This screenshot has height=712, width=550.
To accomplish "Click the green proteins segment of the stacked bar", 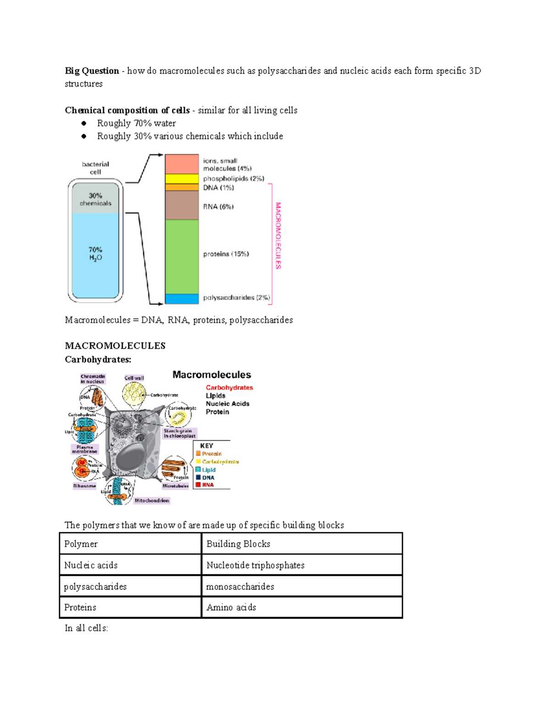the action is click(x=181, y=257).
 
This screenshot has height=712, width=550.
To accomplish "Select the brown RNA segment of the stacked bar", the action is click(x=181, y=205).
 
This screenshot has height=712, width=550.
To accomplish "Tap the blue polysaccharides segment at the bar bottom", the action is click(x=181, y=299).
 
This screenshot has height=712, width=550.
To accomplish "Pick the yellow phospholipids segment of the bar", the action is click(x=181, y=179).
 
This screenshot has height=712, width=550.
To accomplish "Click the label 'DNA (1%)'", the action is click(x=219, y=188).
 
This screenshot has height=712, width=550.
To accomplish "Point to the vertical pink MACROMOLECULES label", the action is click(x=278, y=236).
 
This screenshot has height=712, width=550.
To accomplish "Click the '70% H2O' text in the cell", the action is click(x=95, y=254).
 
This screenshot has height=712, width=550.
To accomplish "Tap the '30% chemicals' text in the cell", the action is click(x=95, y=199).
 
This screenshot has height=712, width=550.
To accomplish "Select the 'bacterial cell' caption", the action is click(x=95, y=168).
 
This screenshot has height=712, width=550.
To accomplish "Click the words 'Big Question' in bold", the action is click(x=92, y=71).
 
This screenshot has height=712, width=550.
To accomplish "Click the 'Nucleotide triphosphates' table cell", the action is click(x=255, y=565).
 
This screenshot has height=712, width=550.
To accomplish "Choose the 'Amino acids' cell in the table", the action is click(x=231, y=607).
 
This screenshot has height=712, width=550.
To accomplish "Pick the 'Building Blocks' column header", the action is click(x=238, y=544).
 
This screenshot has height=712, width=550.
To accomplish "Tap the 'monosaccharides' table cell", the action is click(x=240, y=586).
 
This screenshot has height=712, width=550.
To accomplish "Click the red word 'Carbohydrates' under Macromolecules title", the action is click(x=229, y=387).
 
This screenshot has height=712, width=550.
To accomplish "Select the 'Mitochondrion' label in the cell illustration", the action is click(x=152, y=501).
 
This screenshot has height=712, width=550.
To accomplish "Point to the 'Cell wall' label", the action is click(x=134, y=378).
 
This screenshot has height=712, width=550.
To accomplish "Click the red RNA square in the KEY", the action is click(x=198, y=485).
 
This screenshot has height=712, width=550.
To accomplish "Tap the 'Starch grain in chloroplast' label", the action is click(x=180, y=433).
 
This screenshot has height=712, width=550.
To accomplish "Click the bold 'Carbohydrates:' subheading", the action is click(x=98, y=359).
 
